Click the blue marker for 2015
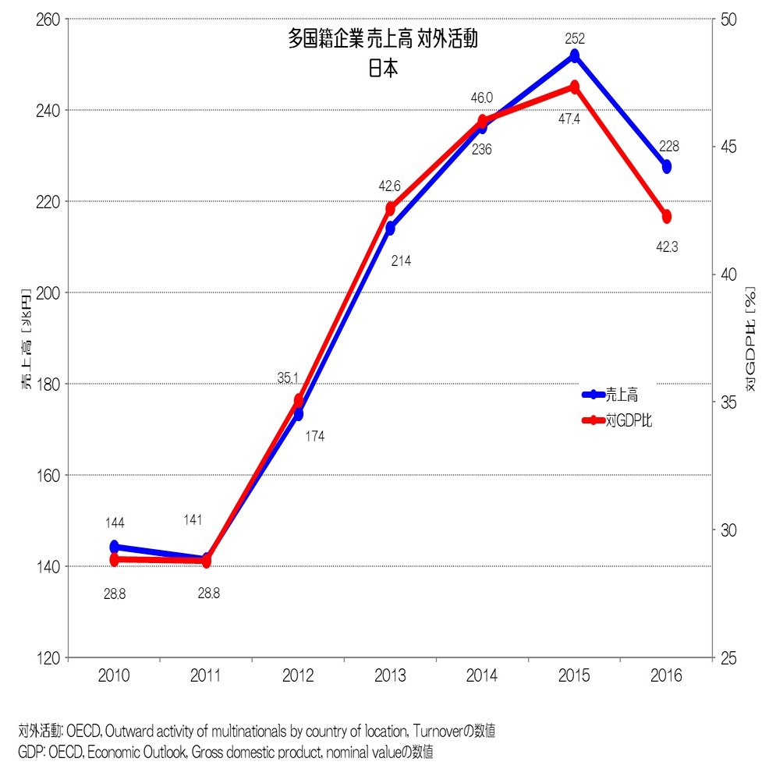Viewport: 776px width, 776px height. coord(575,55)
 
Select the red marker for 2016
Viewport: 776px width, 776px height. coord(667,216)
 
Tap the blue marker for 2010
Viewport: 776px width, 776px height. coord(115,547)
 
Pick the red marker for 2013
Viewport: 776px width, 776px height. coord(391,207)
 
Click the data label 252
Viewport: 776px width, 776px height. coord(575,37)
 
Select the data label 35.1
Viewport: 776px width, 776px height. coord(288,377)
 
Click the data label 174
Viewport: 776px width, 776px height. coord(314,437)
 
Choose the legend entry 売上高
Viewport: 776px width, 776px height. coord(622,395)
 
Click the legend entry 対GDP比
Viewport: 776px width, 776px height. coord(629,420)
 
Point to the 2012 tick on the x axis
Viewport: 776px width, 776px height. coord(299,676)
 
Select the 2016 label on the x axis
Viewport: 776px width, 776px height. coord(667,676)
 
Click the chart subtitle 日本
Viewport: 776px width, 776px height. coord(383,68)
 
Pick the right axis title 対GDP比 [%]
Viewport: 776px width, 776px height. coord(750,338)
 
